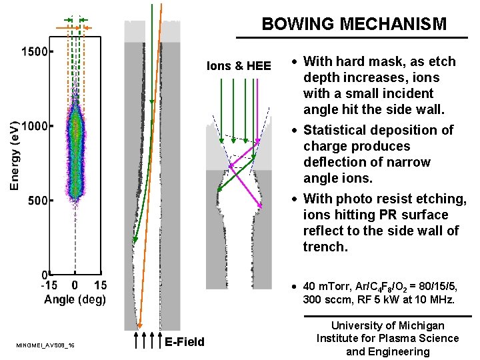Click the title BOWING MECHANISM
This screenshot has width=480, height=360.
click(x=354, y=25)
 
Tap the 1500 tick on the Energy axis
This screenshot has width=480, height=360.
click(x=34, y=51)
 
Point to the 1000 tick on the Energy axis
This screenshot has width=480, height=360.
click(x=34, y=125)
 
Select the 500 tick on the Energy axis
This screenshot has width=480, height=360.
click(x=38, y=200)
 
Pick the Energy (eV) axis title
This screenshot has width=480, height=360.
click(x=14, y=155)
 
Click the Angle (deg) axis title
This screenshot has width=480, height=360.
click(x=75, y=299)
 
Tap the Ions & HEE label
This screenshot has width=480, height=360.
click(x=239, y=66)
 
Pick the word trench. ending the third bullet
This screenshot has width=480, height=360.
click(x=325, y=247)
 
